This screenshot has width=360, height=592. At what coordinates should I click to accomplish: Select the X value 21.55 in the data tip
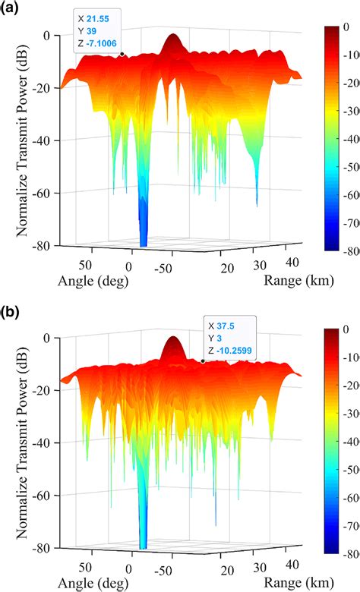click(100, 16)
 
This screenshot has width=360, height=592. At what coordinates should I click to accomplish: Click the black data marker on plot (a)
click(122, 54)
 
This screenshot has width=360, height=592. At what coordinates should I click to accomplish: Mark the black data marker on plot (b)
click(203, 361)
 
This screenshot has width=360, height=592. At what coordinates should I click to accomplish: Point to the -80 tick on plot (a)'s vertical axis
click(39, 246)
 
